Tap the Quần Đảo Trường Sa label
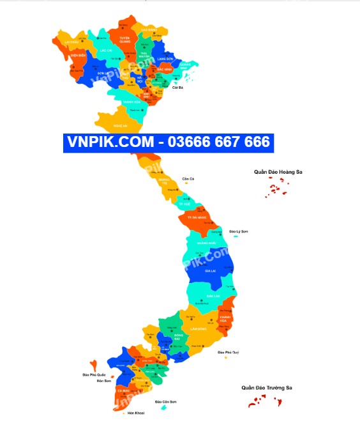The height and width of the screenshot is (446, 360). coord(266,387)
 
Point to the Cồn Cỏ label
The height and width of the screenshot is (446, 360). coord(188,178)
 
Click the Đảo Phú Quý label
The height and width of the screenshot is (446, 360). coord(228,352)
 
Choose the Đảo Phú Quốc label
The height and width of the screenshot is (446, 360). coord(94,374)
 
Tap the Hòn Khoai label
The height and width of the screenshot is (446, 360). coord(135,413)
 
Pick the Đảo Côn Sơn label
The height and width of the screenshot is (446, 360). coord(165,401)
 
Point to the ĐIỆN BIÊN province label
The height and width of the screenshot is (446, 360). coord(79,56)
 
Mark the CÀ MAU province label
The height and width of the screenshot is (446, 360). coord(123,390)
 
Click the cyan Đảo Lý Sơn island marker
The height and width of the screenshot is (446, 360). coord(236,236)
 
